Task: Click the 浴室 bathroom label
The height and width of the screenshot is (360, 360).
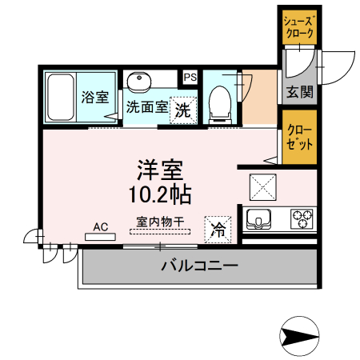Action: pos(95,98)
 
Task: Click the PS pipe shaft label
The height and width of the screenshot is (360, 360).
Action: pos(190,78)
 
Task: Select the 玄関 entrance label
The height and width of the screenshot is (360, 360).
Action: pos(300,93)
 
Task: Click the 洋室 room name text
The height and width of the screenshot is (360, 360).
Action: pos(160,170)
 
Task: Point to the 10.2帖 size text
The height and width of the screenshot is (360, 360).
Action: pos(160,194)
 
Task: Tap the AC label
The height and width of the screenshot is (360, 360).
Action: pos(100,226)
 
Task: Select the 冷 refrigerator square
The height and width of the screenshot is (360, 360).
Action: pos(218,228)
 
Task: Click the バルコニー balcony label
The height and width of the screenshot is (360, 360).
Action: pos(198,265)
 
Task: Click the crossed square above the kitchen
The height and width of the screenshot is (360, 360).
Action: pos(262,186)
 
